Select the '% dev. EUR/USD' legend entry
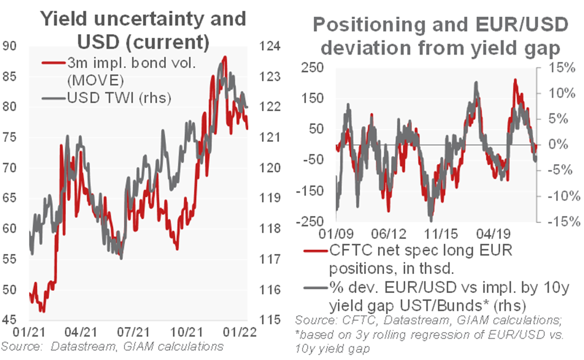coord(419,296)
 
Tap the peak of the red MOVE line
coord(224,56)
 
